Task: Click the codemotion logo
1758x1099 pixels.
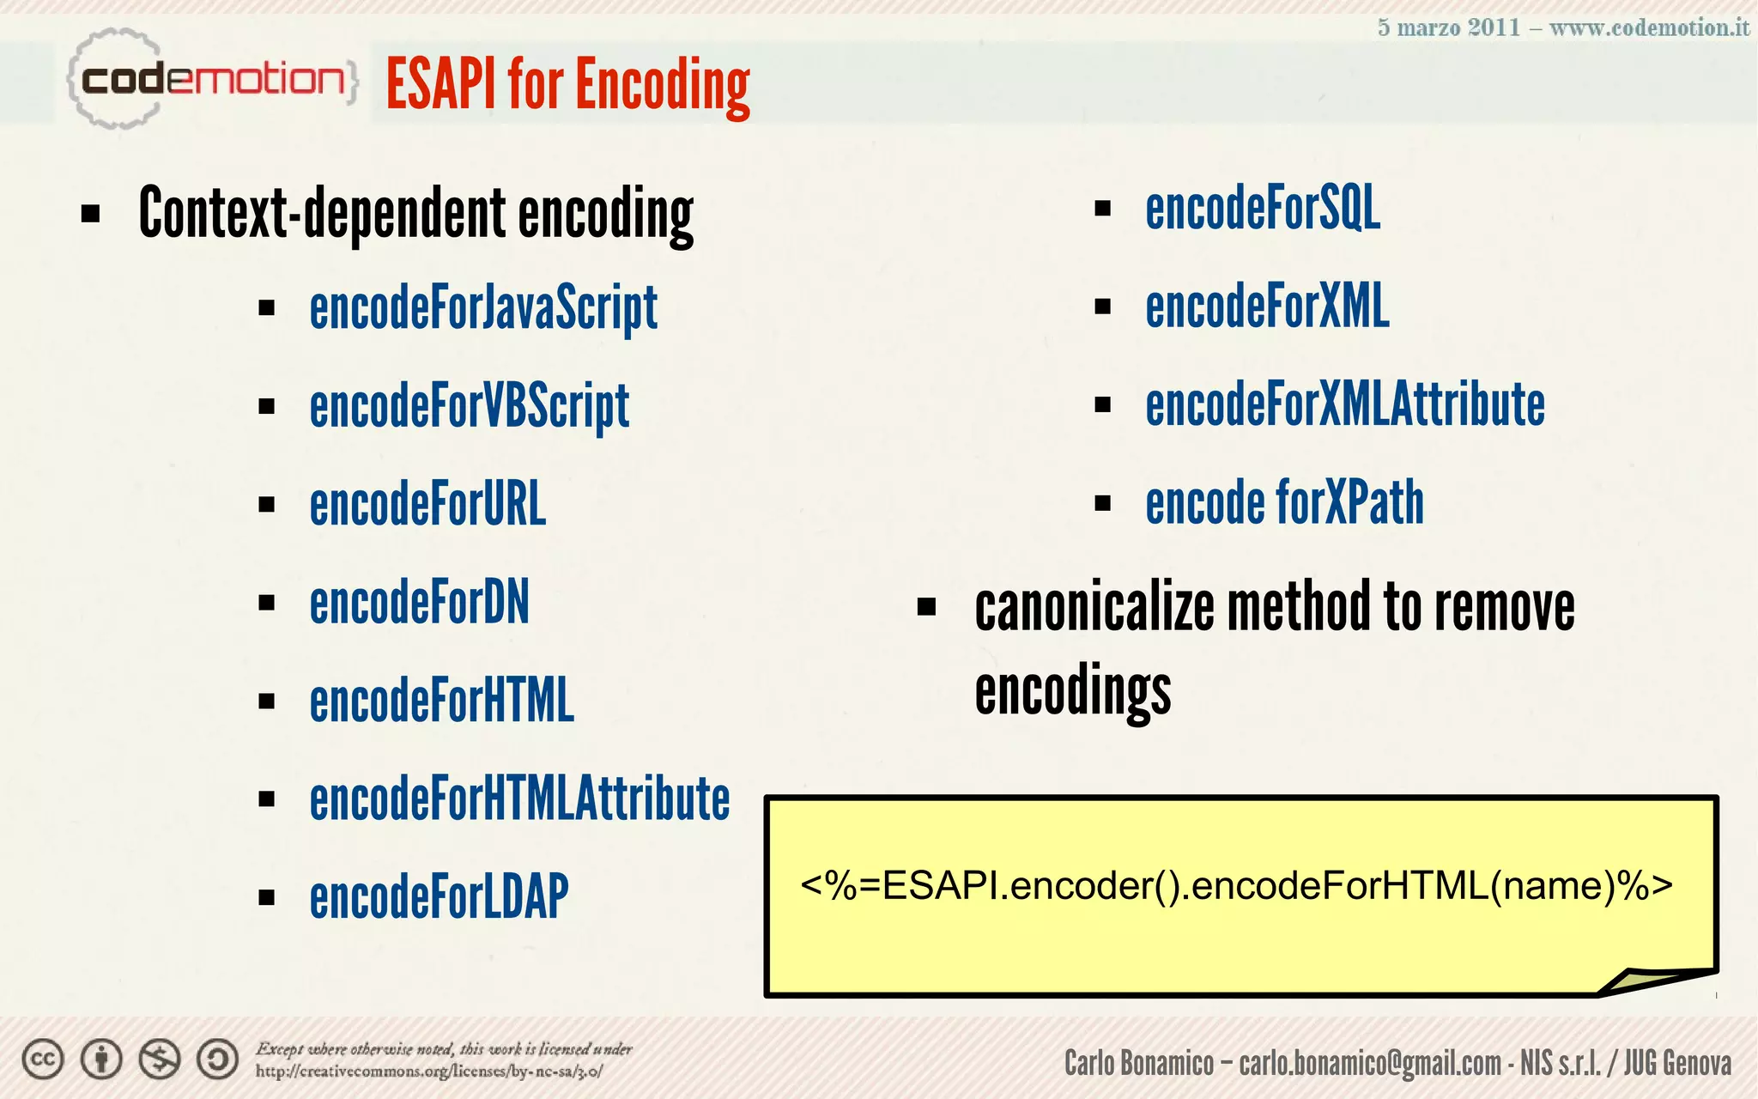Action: [x=212, y=80]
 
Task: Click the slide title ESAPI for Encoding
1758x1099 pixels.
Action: [x=567, y=84]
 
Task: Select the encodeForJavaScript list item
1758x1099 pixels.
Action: [x=483, y=308]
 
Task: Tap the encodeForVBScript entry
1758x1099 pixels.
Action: [x=469, y=406]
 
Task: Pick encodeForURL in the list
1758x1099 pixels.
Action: [x=427, y=504]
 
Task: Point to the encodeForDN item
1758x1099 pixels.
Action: [x=419, y=602]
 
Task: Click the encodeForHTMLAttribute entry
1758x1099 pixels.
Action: [x=519, y=798]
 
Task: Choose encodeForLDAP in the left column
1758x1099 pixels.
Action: [x=439, y=896]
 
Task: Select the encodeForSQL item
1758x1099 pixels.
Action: [x=1263, y=208]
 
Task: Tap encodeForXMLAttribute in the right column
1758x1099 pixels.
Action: [x=1345, y=404]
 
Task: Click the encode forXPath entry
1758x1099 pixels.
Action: [x=1284, y=502]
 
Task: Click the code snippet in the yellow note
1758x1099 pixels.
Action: [x=1236, y=885]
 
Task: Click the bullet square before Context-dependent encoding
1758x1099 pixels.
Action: [x=90, y=213]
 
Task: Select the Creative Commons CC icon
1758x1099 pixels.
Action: [x=43, y=1060]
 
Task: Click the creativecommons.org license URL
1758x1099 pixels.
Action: [x=429, y=1072]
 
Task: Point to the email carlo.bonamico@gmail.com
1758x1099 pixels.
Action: [x=1370, y=1063]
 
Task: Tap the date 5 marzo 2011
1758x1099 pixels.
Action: [x=1448, y=27]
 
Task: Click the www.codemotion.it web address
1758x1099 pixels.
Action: [x=1649, y=27]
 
